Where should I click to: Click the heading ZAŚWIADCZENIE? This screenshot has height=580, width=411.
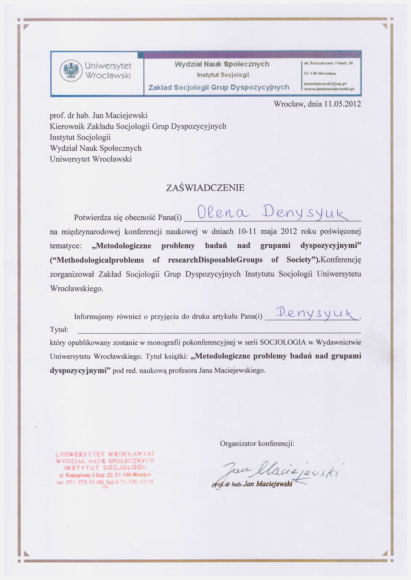point(205,188)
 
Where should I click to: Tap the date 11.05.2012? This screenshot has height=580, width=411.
point(342,104)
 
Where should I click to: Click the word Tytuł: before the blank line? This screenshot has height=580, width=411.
point(59,330)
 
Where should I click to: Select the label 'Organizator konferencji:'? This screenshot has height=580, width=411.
point(257,444)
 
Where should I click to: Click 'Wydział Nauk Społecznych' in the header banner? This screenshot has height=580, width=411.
point(222,64)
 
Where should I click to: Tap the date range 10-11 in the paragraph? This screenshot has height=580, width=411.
point(247,231)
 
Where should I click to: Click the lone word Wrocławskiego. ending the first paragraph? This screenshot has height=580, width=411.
point(77,288)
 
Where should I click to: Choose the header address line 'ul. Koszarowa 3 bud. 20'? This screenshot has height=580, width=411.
point(328,63)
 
